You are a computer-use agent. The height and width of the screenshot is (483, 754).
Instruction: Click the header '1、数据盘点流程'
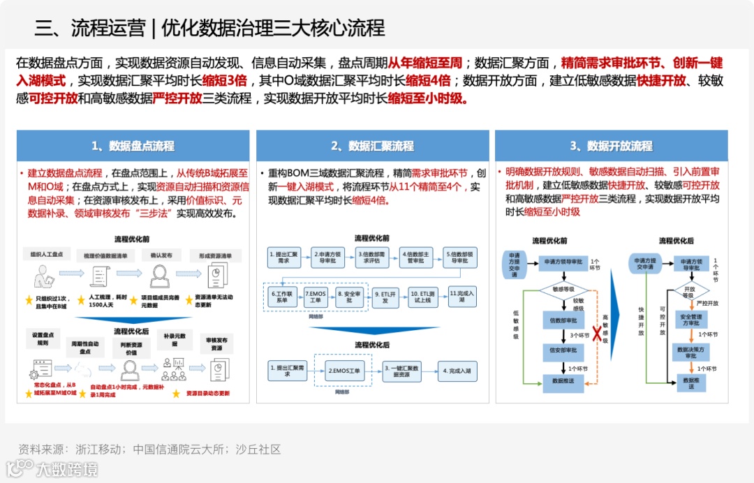[x=133, y=146]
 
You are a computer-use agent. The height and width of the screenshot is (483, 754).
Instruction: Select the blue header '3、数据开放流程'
[x=612, y=146]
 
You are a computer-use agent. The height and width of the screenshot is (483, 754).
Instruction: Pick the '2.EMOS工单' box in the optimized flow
[x=344, y=371]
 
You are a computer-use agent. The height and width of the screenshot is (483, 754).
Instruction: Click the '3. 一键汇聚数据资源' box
[x=403, y=371]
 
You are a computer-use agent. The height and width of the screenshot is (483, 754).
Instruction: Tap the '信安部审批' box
[x=563, y=350]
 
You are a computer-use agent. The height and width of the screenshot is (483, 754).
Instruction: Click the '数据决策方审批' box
[x=690, y=352]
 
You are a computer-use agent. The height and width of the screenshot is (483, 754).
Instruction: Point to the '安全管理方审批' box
[x=690, y=319]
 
